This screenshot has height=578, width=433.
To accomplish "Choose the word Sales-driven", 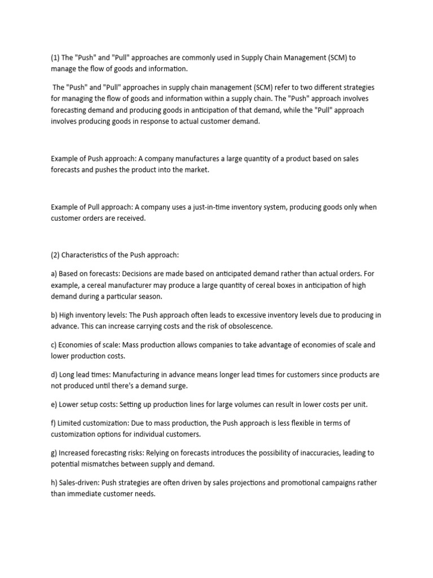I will (81, 483).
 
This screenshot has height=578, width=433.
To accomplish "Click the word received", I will (131, 218).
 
